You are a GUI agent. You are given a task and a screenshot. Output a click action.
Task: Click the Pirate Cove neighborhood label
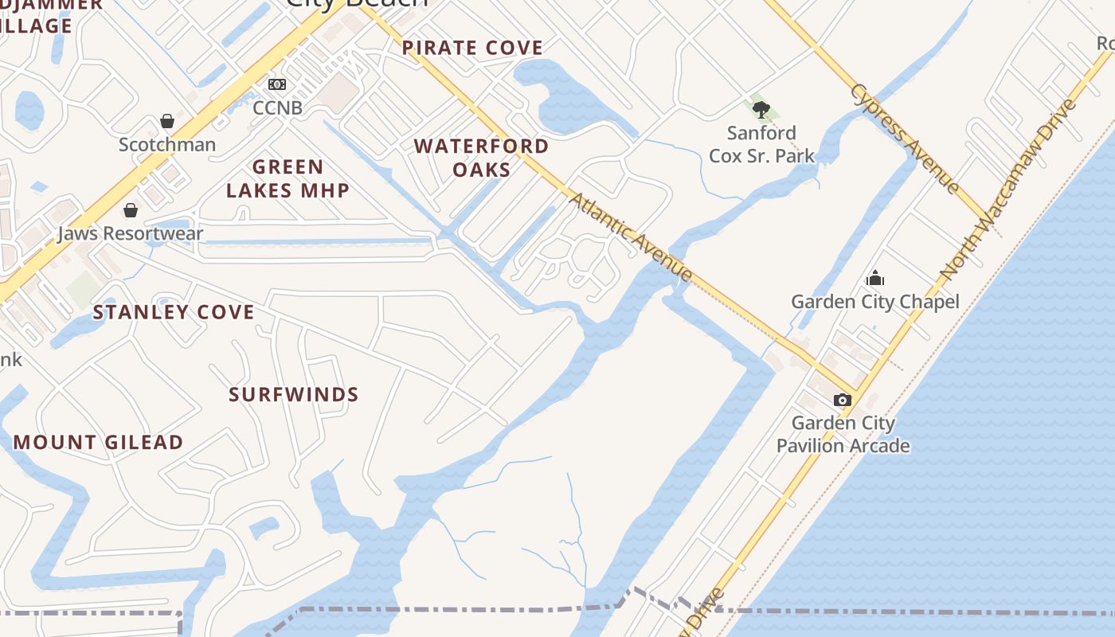click(472, 48)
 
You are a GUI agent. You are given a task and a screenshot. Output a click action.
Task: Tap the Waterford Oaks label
click(481, 158)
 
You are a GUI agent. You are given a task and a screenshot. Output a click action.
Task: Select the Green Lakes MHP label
click(288, 178)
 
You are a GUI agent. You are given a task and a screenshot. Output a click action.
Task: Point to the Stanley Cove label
click(174, 312)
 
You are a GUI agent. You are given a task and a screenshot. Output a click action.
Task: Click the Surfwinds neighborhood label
click(293, 395)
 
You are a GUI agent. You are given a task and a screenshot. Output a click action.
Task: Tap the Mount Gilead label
click(99, 443)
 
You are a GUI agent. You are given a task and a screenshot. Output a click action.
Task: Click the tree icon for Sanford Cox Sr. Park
click(761, 110)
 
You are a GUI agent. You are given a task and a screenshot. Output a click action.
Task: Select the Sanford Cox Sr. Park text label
click(761, 144)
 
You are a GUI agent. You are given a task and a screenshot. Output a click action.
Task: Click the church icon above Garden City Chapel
click(875, 278)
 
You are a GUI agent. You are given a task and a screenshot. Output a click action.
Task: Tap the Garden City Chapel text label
click(874, 302)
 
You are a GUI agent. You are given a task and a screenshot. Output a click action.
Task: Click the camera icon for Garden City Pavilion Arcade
click(842, 400)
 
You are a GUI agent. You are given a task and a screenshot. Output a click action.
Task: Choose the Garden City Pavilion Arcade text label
click(843, 434)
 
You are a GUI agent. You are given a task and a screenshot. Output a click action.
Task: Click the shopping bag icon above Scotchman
click(167, 121)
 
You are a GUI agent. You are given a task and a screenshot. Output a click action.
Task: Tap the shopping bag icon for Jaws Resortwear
click(131, 210)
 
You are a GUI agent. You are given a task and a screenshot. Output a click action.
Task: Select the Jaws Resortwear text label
click(131, 234)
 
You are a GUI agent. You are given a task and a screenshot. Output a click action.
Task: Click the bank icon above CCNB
click(277, 84)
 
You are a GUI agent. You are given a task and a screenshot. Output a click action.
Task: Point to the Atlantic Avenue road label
click(630, 236)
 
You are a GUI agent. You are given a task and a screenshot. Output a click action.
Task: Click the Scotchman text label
click(167, 144)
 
